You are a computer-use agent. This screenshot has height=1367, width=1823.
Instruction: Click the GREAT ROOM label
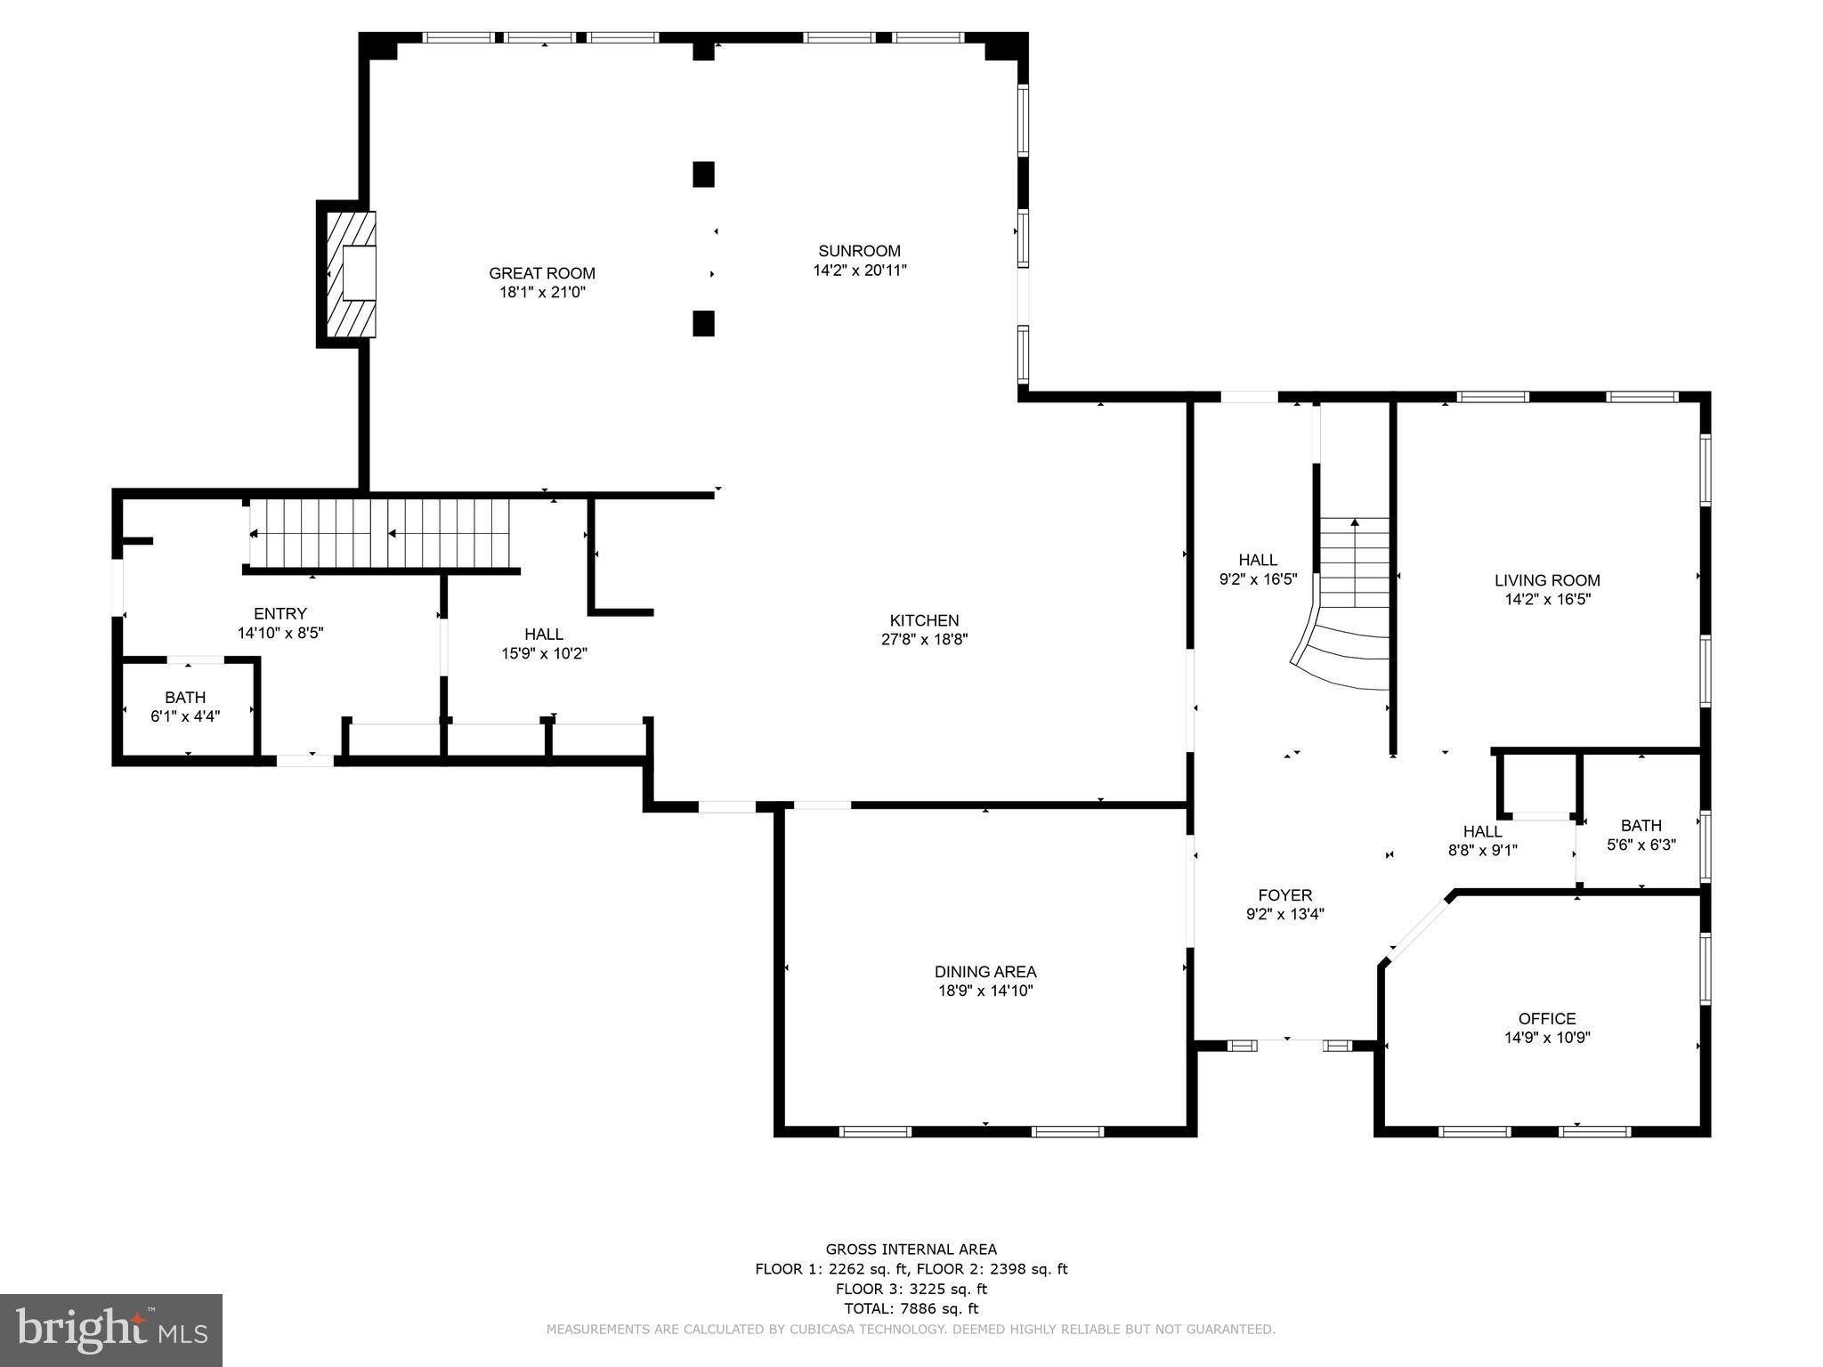[541, 273]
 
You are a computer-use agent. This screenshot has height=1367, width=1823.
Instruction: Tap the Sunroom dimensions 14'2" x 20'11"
[859, 271]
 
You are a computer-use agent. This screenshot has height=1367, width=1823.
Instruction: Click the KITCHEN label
[924, 620]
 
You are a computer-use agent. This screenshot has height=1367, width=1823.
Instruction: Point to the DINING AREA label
[984, 972]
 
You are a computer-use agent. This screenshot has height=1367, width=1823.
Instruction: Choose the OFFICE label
[1546, 1018]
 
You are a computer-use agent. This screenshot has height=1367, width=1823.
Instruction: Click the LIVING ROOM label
[1546, 580]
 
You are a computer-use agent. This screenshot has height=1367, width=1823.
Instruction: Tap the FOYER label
[1284, 895]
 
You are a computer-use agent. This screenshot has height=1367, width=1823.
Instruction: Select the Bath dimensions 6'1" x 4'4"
[185, 716]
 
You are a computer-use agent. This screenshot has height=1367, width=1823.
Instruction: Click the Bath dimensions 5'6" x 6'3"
[1641, 845]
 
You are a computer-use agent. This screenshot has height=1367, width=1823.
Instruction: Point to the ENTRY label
[280, 613]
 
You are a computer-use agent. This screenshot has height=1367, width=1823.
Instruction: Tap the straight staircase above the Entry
[380, 533]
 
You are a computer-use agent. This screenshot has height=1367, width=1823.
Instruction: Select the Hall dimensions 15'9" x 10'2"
[543, 653]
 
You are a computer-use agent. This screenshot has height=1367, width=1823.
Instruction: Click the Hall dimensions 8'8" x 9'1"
[1482, 850]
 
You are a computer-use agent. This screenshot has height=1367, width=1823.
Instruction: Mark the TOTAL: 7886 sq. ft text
[911, 1308]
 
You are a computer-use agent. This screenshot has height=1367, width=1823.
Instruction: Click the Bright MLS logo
[110, 1330]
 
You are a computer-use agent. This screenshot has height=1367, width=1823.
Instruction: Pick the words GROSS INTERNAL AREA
[911, 1250]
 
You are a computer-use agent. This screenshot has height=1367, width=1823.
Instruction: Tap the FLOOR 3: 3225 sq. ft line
[911, 1289]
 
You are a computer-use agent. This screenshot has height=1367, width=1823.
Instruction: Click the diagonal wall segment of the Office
[1419, 929]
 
